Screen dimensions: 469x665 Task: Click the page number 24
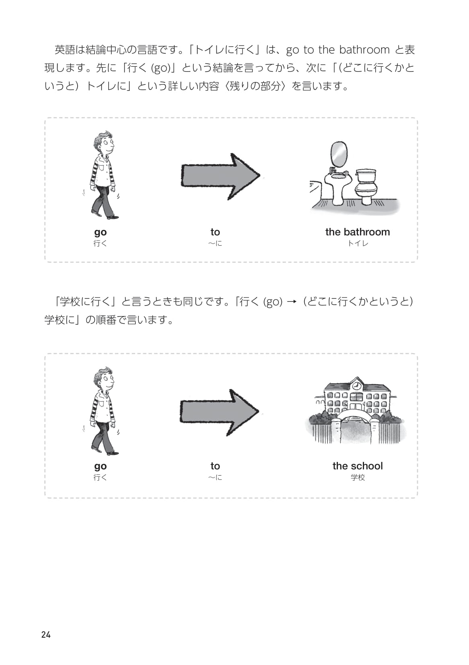click(x=46, y=635)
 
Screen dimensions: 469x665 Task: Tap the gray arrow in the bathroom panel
click(x=220, y=177)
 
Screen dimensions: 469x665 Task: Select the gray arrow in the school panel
click(x=220, y=413)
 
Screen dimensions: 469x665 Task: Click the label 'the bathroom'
click(x=357, y=232)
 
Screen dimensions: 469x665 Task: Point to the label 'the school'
click(x=357, y=466)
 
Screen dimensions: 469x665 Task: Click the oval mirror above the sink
click(x=339, y=154)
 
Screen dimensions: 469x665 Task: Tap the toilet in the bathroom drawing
click(x=366, y=187)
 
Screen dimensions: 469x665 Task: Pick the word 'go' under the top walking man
click(x=101, y=232)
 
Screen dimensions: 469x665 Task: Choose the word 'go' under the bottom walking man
click(x=101, y=466)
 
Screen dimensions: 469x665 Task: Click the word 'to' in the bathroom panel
click(x=215, y=232)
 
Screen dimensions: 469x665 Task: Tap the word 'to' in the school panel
click(x=215, y=466)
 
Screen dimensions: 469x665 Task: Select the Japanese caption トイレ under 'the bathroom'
click(x=358, y=243)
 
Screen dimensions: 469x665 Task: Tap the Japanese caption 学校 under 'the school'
click(x=358, y=477)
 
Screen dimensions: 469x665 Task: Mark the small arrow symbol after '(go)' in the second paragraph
click(x=292, y=302)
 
